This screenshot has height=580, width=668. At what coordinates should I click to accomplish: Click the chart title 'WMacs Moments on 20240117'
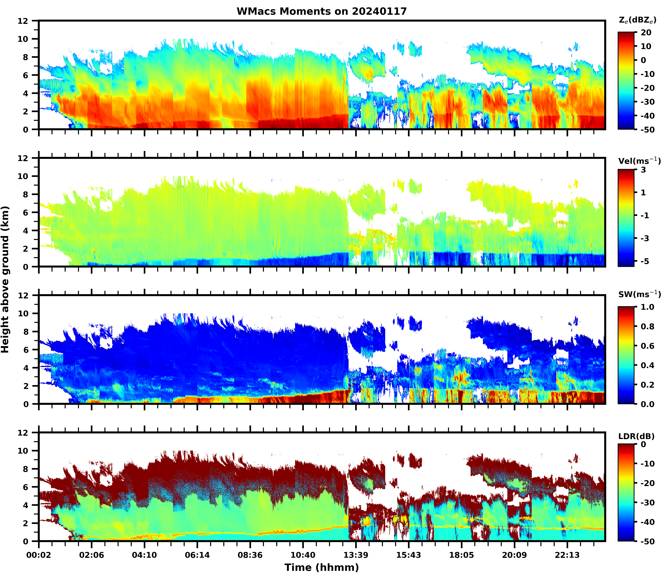[x=322, y=11]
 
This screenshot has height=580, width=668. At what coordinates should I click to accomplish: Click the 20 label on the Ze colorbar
[x=646, y=33]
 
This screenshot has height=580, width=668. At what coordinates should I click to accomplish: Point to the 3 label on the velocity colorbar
[x=643, y=170]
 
